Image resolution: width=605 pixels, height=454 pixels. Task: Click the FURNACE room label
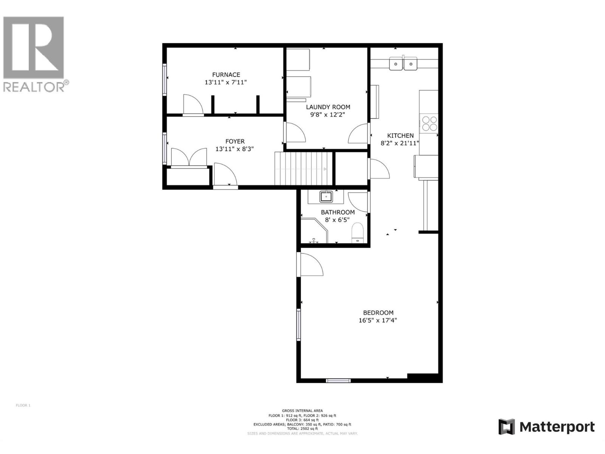coord(226,75)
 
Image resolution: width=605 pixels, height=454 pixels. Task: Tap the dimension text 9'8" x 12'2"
coord(328,115)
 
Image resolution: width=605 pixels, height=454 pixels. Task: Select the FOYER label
coord(235,141)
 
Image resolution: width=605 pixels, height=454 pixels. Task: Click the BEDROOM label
coord(378,313)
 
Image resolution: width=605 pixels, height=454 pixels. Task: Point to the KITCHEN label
coord(400,135)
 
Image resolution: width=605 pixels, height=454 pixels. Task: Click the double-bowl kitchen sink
coord(403,64)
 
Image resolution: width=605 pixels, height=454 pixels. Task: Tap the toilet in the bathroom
coord(357,233)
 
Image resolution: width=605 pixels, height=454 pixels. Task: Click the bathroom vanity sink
coord(326,197)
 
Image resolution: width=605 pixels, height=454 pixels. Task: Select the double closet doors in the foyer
coord(189,157)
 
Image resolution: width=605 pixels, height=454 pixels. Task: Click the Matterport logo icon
coord(506,427)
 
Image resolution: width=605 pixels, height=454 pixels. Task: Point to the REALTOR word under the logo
coord(34,87)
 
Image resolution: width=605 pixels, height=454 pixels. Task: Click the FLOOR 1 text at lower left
coord(23,405)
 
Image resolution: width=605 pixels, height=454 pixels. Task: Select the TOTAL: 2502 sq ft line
coord(302,429)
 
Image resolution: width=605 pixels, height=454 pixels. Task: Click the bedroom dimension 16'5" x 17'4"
coord(378,320)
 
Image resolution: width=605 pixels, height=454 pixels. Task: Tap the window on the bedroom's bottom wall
coord(338,380)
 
